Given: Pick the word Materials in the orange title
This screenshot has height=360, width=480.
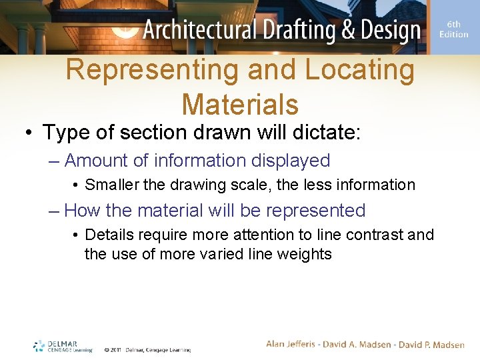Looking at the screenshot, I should click(x=240, y=104).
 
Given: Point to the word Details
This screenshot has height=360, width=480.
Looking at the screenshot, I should click(x=109, y=235).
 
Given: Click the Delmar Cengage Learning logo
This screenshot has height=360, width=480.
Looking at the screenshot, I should click(x=63, y=347).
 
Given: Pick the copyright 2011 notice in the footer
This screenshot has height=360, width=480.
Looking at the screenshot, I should click(x=147, y=349).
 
